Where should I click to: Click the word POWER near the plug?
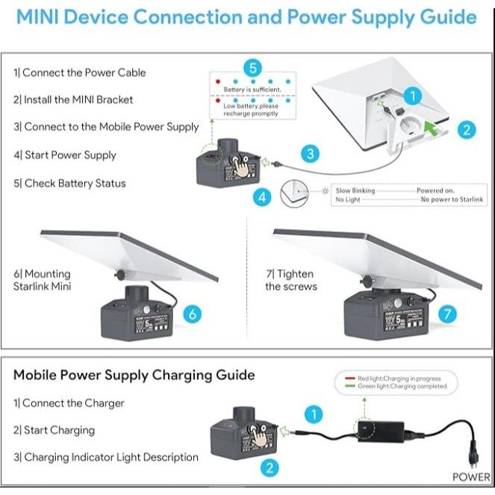point(471,477)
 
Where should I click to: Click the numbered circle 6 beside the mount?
point(192,314)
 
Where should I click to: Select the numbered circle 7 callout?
point(447,314)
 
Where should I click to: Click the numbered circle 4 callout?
point(261,198)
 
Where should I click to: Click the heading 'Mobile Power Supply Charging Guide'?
point(134,375)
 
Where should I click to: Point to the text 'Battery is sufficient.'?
point(252,90)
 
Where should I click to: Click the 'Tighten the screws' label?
point(291,280)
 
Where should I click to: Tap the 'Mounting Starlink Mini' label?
point(42,280)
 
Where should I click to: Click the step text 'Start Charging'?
point(55,430)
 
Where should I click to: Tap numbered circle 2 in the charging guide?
point(270,468)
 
